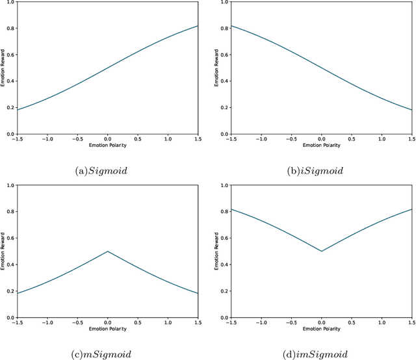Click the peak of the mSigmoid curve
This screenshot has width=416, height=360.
[108, 251]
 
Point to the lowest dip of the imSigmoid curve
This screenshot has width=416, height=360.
[321, 251]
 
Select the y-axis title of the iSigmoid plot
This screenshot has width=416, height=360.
[218, 68]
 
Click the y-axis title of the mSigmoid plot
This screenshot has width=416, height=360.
[5, 251]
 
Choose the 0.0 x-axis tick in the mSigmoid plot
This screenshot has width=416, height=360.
[108, 323]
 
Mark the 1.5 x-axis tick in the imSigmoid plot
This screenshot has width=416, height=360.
[411, 323]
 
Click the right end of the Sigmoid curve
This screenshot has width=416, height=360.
[198, 26]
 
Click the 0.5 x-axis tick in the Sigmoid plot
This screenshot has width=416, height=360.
[138, 140]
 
